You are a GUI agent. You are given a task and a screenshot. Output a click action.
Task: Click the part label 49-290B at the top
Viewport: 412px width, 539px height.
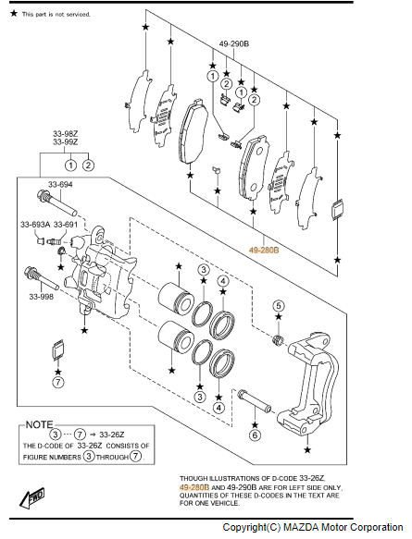coord(234,43)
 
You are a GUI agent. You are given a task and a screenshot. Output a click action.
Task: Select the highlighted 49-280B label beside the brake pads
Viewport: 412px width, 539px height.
coord(264,251)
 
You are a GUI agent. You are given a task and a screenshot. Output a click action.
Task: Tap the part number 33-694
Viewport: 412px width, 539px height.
coord(60,185)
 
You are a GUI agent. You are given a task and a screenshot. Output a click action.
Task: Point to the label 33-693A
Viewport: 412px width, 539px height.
coord(35,225)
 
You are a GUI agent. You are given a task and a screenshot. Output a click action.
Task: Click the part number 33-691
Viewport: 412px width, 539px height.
coord(66,225)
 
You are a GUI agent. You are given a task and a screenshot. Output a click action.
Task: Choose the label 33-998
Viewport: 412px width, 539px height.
coord(42,296)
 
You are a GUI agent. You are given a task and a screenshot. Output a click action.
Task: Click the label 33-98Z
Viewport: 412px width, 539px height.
coord(65,133)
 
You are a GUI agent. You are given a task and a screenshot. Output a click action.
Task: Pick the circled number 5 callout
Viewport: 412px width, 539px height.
coord(279,305)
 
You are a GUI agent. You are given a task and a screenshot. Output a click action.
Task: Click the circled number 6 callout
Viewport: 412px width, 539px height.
coord(255,435)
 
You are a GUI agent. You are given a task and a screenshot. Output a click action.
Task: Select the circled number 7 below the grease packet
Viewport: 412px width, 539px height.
coord(58,382)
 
